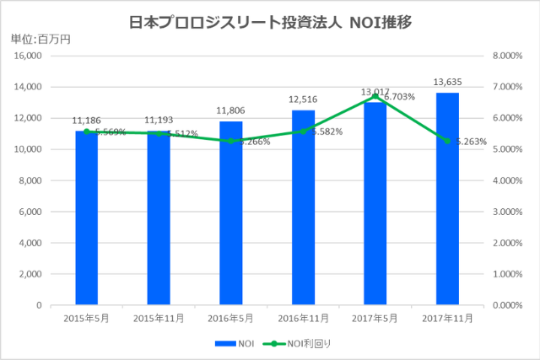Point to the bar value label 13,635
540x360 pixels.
(447, 82)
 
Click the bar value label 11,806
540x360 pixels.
(230, 110)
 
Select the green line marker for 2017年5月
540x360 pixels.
(375, 96)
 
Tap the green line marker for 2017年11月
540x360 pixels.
(447, 141)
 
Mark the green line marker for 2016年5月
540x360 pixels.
(230, 141)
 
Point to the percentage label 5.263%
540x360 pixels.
(472, 142)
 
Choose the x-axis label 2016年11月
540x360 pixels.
(303, 319)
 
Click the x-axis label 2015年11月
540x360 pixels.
(159, 319)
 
